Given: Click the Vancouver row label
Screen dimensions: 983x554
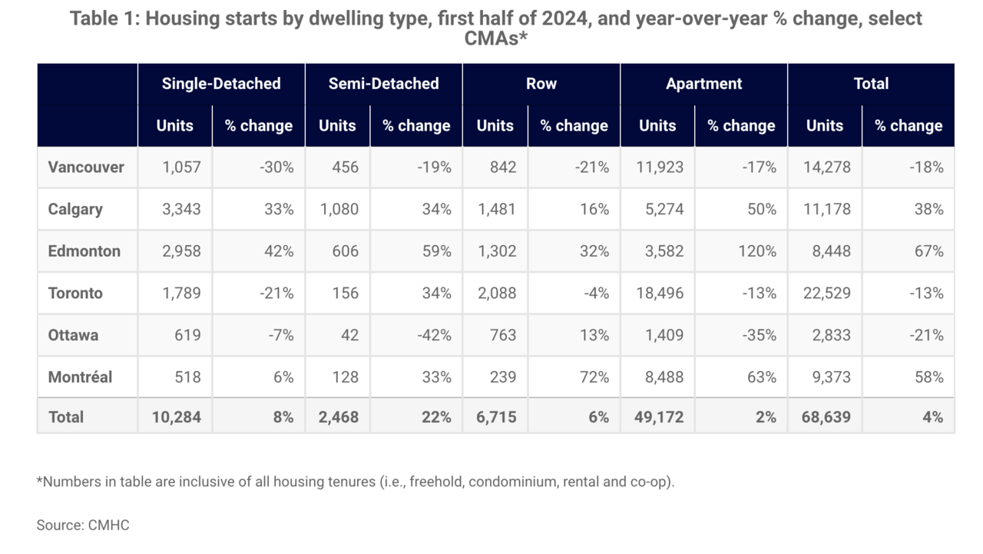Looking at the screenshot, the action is (x=86, y=168).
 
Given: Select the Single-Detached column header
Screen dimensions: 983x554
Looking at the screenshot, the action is (x=221, y=84).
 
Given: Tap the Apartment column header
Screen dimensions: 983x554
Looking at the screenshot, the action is (x=704, y=84).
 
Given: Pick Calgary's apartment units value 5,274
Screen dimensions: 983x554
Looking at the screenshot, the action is (x=664, y=209).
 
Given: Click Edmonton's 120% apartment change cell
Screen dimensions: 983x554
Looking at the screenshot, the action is (x=757, y=251).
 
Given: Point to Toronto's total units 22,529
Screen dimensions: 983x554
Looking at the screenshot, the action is (x=827, y=293).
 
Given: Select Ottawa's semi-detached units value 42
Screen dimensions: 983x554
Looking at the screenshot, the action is (x=349, y=335).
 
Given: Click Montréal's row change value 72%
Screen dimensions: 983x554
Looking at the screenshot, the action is (x=594, y=377).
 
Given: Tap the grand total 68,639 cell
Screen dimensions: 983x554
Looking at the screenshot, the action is (x=826, y=417).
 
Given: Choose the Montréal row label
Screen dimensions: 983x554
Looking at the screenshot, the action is (x=80, y=377).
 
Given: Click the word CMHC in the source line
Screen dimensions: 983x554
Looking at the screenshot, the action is (x=109, y=525).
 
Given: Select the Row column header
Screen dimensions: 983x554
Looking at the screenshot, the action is (x=541, y=84).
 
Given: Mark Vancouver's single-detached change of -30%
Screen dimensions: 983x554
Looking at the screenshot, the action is (x=276, y=168).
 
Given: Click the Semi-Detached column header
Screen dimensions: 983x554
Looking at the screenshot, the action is (x=383, y=84).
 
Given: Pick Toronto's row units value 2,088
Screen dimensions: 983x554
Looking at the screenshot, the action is (x=497, y=293).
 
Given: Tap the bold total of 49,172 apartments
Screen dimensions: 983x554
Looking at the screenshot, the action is (x=659, y=417).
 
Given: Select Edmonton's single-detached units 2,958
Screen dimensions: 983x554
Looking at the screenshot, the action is (x=181, y=251).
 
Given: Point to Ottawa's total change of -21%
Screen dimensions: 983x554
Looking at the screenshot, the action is (x=926, y=335).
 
